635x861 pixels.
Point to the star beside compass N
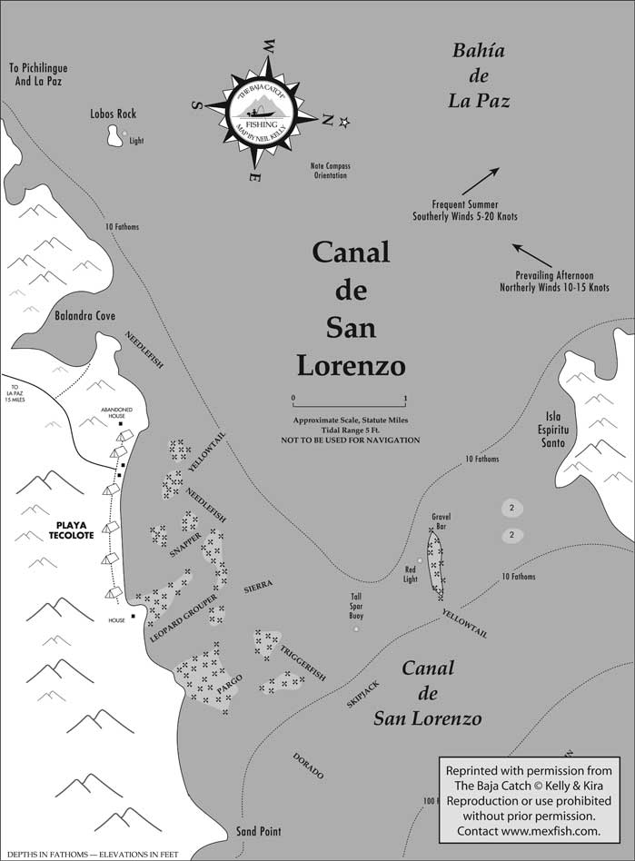pyautogui.click(x=344, y=123)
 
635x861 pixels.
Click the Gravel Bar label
pyautogui.click(x=442, y=521)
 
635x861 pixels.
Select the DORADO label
pyautogui.click(x=308, y=767)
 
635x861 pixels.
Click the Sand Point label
pyautogui.click(x=258, y=831)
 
